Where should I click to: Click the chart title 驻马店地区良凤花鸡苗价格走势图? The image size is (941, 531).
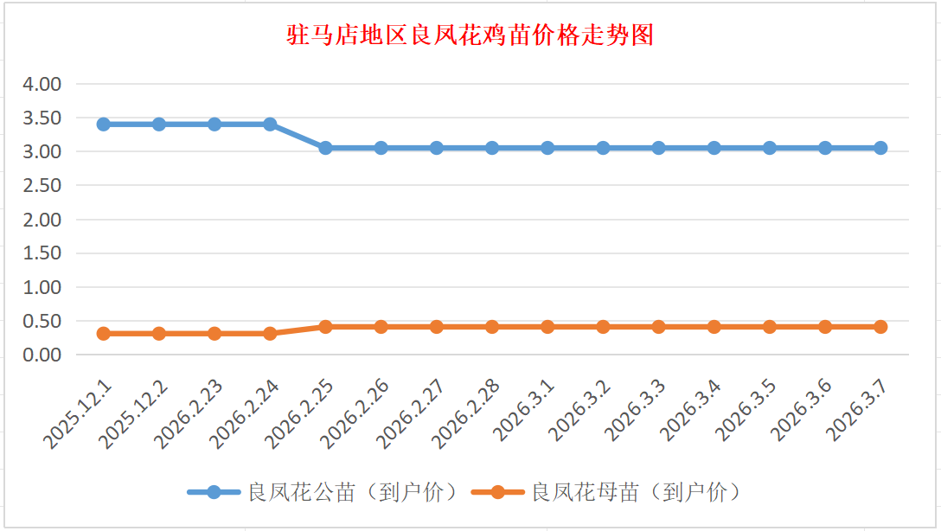coord(470,35)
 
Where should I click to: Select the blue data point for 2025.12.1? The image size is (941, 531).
coord(104,124)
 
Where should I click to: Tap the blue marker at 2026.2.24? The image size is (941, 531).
coord(270,124)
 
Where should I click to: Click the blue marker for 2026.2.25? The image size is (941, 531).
coord(325,148)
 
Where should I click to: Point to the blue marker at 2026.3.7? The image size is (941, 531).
coord(880,148)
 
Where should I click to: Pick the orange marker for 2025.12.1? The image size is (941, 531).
coord(104,333)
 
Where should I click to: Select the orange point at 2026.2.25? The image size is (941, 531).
coord(325,327)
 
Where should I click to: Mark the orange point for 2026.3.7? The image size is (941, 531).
coord(880,327)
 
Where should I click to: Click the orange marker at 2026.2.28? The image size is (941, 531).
coord(492,327)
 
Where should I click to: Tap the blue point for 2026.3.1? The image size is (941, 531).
coord(547,148)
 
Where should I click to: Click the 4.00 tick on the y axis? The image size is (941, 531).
coord(42,84)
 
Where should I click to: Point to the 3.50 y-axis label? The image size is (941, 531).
coord(42,118)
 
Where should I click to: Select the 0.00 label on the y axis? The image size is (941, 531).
coord(42,355)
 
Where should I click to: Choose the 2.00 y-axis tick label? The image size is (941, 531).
coord(42,219)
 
